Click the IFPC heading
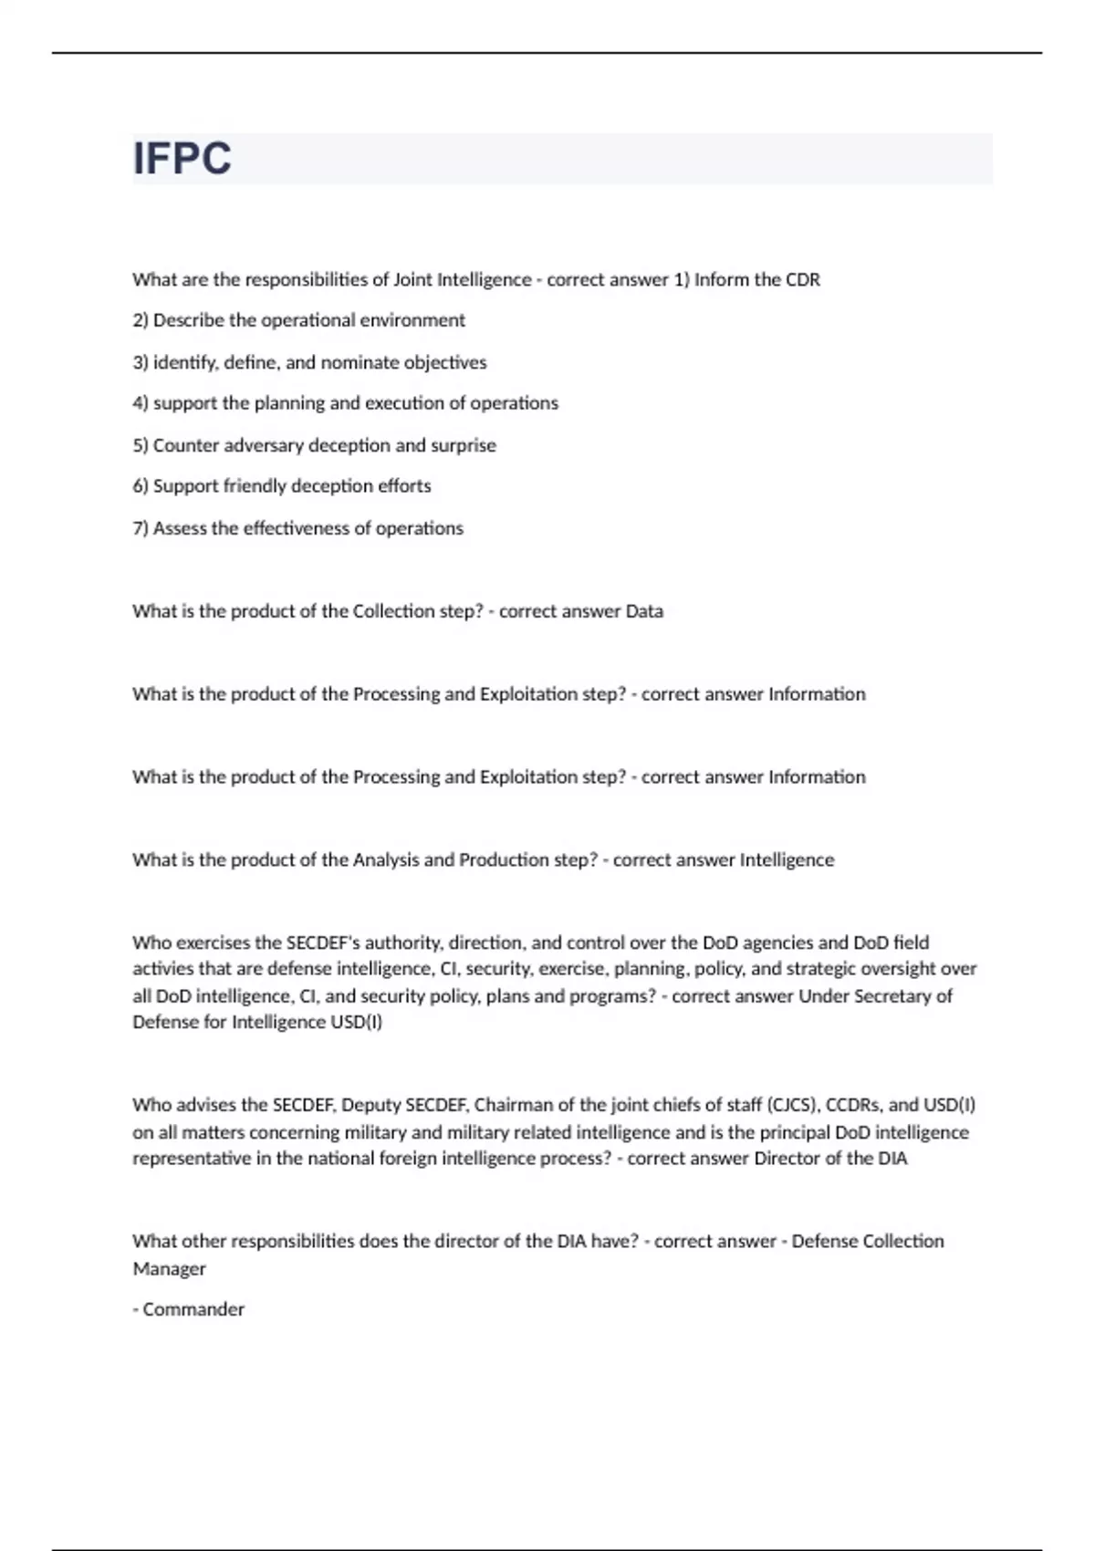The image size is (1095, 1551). [182, 159]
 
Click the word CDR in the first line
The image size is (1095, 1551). [803, 280]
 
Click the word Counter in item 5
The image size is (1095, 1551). [182, 445]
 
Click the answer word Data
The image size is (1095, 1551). [644, 611]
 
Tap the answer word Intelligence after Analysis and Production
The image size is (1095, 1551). [787, 860]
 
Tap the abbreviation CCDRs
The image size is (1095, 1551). [854, 1105]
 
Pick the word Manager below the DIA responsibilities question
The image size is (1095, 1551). [170, 1268]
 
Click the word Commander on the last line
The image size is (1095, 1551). [193, 1309]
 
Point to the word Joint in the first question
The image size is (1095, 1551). [413, 280]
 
